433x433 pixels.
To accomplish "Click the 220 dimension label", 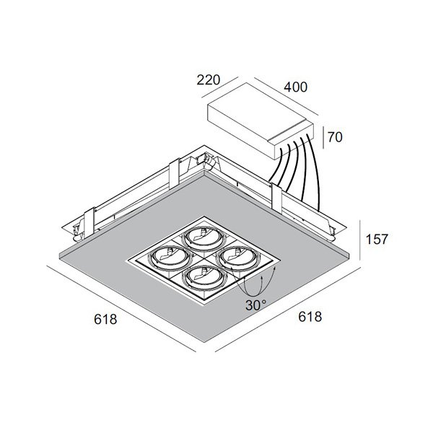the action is pos(209,80).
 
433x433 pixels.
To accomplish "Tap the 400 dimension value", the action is pos(295,87).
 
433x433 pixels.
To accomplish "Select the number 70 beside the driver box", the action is pos(335,137).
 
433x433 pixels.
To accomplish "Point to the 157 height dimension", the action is pos(377,239).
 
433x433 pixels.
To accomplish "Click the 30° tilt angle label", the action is pos(256,305).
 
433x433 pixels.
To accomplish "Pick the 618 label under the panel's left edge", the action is pos(105,319).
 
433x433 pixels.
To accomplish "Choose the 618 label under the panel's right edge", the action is pos(310,317).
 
